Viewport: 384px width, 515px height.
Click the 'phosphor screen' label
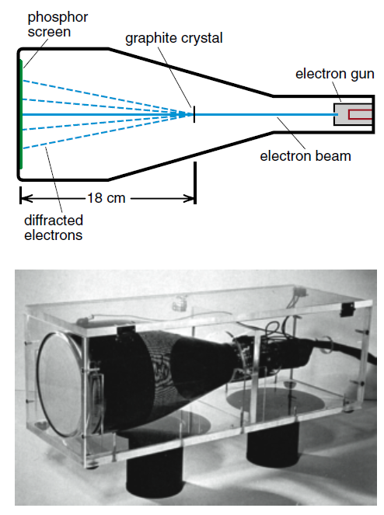pyautogui.click(x=58, y=25)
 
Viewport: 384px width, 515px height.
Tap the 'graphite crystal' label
pyautogui.click(x=174, y=38)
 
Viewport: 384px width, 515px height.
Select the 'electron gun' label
pyautogui.click(x=335, y=75)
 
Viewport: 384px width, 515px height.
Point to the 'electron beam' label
pyautogui.click(x=305, y=155)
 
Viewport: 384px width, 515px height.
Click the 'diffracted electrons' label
pyautogui.click(x=54, y=228)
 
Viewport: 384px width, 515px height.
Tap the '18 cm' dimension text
pyautogui.click(x=106, y=198)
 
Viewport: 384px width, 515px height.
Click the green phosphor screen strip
pyautogui.click(x=21, y=114)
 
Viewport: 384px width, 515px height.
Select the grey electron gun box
pyautogui.click(x=352, y=114)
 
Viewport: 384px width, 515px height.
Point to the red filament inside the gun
pyautogui.click(x=360, y=114)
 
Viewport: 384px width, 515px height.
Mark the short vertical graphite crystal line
pyautogui.click(x=194, y=114)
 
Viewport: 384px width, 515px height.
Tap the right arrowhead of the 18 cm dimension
pyautogui.click(x=190, y=198)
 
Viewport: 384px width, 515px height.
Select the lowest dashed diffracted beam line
pyautogui.click(x=104, y=132)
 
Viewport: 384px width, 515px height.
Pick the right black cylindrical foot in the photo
pyautogui.click(x=273, y=444)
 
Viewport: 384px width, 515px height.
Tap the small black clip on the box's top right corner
pyautogui.click(x=346, y=309)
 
